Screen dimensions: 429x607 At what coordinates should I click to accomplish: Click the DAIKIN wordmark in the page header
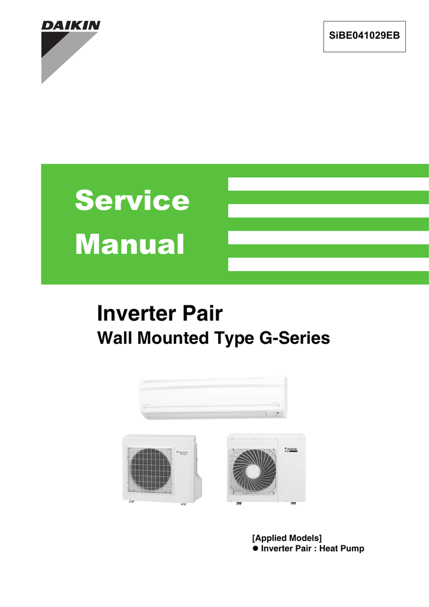(x=71, y=26)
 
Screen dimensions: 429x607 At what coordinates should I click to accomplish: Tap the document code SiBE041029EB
(x=364, y=36)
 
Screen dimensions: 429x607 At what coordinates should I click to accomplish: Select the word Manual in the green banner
(x=130, y=244)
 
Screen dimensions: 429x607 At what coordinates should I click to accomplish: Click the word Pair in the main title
(x=200, y=313)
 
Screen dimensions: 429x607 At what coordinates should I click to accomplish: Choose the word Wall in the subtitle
(x=112, y=338)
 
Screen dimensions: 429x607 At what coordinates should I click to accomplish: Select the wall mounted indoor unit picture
(x=212, y=397)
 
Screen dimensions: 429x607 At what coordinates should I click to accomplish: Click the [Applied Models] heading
(x=287, y=538)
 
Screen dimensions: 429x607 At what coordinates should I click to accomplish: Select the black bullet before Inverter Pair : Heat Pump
(x=256, y=548)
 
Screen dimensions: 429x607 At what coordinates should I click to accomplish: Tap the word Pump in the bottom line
(x=352, y=548)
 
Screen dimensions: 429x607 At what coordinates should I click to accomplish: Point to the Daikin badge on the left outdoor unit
(x=183, y=453)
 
